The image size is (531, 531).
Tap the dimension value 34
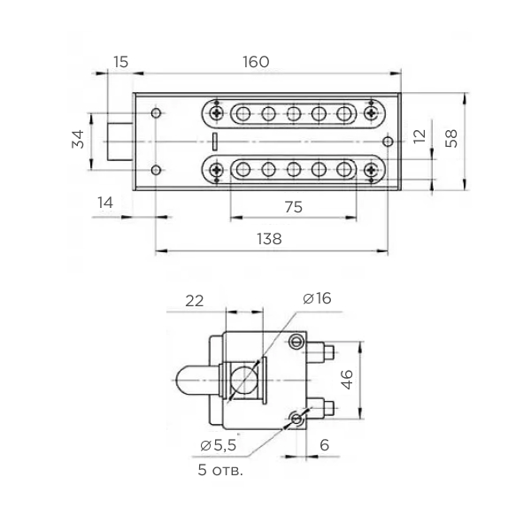(x=78, y=140)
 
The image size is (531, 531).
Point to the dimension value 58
(x=452, y=138)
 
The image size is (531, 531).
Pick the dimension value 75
(x=294, y=206)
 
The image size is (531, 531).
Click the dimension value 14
(x=105, y=203)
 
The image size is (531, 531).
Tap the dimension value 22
(x=195, y=300)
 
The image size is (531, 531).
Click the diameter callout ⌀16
(x=316, y=299)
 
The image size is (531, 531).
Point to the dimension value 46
(x=348, y=379)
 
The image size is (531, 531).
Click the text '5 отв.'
(x=220, y=469)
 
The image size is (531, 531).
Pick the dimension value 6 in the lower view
(x=324, y=445)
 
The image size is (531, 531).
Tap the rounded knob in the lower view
(x=189, y=381)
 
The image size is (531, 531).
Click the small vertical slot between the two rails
(x=214, y=140)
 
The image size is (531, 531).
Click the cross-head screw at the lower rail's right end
(x=369, y=169)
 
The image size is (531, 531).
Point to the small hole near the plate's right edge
(x=387, y=141)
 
